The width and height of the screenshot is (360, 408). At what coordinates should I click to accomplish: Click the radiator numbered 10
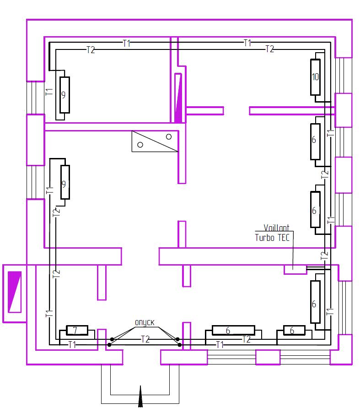pyautogui.click(x=315, y=77)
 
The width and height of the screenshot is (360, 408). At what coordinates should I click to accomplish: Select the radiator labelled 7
pyautogui.click(x=77, y=330)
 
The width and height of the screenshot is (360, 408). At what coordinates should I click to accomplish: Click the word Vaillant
pyautogui.click(x=276, y=228)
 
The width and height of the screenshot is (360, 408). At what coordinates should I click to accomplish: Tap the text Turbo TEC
pyautogui.click(x=272, y=238)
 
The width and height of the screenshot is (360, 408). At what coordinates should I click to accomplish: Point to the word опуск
pyautogui.click(x=145, y=322)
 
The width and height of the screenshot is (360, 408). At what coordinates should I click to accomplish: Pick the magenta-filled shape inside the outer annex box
pyautogui.click(x=15, y=292)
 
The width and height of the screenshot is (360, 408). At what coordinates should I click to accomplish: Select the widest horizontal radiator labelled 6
pyautogui.click(x=233, y=330)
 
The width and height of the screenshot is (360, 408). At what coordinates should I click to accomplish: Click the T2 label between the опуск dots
pyautogui.click(x=145, y=339)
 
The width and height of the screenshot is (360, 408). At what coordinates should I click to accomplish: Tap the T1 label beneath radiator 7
pyautogui.click(x=72, y=345)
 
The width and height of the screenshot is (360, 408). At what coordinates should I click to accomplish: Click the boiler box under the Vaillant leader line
pyautogui.click(x=295, y=269)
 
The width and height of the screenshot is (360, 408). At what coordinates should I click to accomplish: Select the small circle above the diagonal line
pyautogui.click(x=169, y=136)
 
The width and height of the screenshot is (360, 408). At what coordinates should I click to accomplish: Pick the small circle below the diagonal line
pyautogui.click(x=140, y=145)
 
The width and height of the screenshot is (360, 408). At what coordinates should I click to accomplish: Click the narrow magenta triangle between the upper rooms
pyautogui.click(x=178, y=98)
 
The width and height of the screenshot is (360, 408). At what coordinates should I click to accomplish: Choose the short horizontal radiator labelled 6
pyautogui.click(x=294, y=330)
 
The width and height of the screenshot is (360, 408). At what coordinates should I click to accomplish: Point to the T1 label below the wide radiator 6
pyautogui.click(x=220, y=345)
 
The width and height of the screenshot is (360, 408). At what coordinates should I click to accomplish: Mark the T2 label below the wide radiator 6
pyautogui.click(x=247, y=339)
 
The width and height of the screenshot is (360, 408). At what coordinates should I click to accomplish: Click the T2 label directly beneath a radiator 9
pyautogui.click(x=56, y=212)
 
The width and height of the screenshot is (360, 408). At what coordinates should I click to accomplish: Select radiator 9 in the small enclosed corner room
pyautogui.click(x=64, y=95)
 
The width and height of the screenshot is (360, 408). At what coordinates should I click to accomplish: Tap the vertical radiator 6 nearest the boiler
pyautogui.click(x=315, y=302)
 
